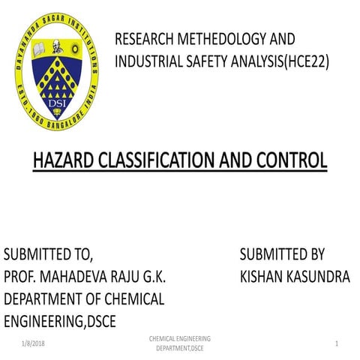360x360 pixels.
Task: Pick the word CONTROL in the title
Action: pyautogui.click(x=289, y=160)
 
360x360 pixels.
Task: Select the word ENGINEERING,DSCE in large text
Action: pyautogui.click(x=64, y=322)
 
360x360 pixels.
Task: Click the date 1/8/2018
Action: pyautogui.click(x=32, y=343)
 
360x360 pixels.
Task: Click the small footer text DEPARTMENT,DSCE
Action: pyautogui.click(x=179, y=349)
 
